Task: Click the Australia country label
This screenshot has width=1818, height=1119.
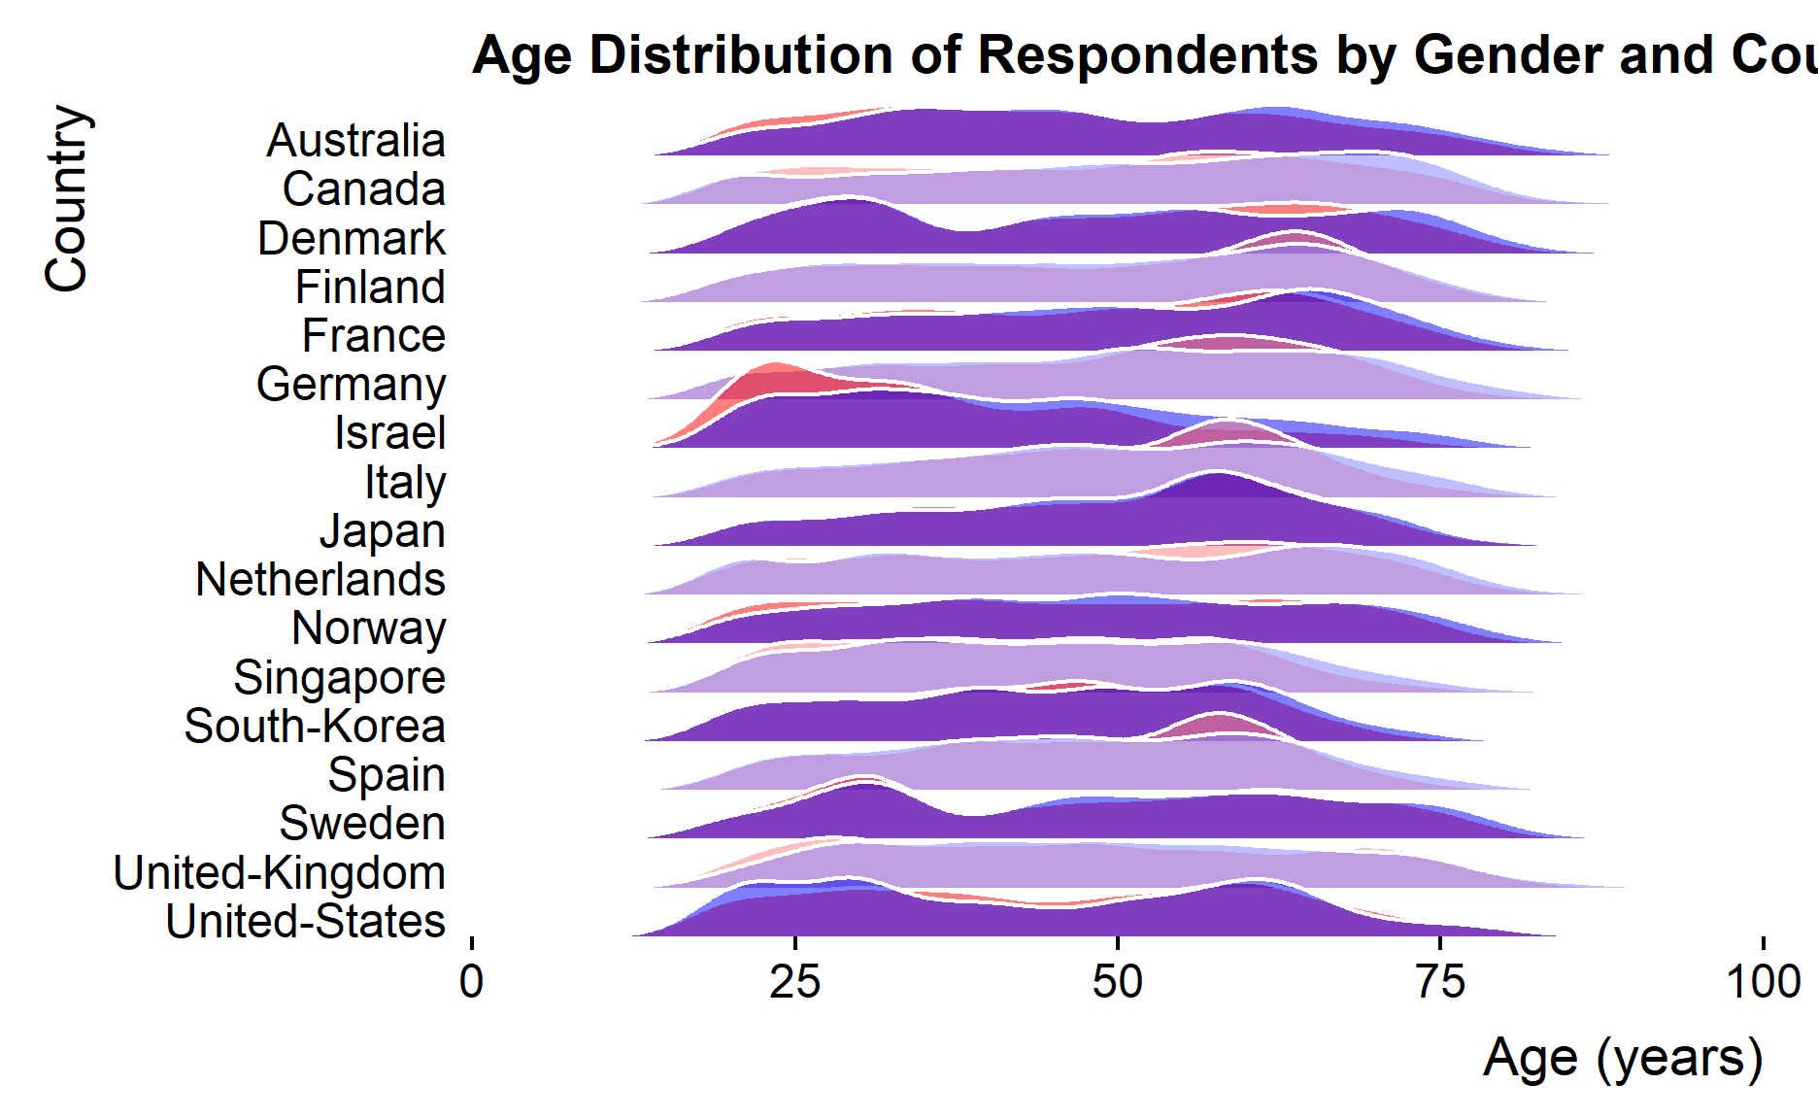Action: coord(355,141)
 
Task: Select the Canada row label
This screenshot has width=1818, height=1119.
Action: coord(363,189)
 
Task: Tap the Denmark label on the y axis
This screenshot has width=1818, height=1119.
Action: coord(351,239)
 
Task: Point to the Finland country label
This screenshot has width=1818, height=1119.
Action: coord(370,288)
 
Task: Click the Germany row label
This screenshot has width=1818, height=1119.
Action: coord(351,385)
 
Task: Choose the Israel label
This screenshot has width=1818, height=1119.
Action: coord(389,433)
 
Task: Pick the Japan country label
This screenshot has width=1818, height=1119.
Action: coord(383,531)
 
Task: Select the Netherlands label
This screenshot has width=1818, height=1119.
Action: coord(320,580)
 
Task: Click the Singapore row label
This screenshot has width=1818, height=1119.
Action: coord(339,678)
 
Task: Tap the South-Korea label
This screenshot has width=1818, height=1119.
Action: coord(315,727)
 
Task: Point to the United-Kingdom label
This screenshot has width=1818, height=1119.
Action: coord(279,873)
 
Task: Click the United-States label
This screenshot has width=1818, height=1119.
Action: coord(305,922)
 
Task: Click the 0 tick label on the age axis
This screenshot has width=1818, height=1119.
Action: coord(472,982)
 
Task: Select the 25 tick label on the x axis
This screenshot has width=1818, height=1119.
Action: coord(794,982)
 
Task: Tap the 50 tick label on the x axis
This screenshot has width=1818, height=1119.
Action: coord(1118,982)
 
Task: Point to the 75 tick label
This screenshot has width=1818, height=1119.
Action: coord(1440,982)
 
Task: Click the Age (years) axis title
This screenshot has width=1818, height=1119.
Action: coord(1623,1058)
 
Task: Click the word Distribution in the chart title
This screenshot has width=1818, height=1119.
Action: coord(740,54)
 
